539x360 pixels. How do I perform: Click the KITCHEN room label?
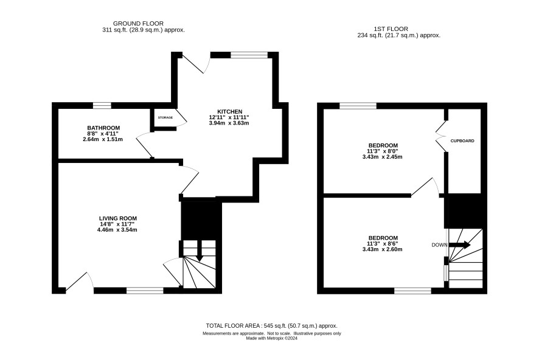pos(229,112)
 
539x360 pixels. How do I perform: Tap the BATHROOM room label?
pos(103,128)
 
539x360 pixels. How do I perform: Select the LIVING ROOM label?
pos(118,218)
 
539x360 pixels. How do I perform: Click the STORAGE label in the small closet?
pos(165,117)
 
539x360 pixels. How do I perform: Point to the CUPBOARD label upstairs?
pos(462,141)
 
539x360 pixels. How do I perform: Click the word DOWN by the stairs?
pos(440,245)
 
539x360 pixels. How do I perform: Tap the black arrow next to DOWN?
pos(459,245)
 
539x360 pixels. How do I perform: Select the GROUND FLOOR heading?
pos(138,23)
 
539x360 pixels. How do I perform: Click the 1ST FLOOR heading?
pos(391,29)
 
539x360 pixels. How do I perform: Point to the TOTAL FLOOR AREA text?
pos(271,326)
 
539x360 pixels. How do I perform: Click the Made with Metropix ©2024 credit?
pos(271,338)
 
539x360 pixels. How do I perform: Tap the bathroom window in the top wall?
pos(102,105)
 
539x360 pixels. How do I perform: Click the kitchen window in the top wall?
pos(249,55)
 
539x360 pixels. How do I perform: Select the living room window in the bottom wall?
pos(145,291)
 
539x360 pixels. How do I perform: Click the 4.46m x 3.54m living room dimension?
pos(117,230)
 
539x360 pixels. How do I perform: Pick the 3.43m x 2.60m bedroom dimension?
pos(382,249)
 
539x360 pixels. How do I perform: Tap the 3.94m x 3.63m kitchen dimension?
pos(229,123)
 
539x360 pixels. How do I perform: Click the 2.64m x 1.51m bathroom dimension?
pos(103,139)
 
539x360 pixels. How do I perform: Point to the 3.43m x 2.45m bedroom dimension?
pos(382,157)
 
